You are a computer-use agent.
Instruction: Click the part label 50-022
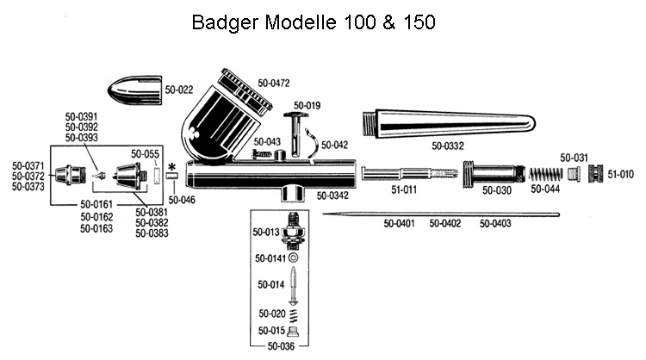click(179, 90)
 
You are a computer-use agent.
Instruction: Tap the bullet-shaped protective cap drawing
click(134, 90)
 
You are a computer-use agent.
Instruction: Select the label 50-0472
click(274, 84)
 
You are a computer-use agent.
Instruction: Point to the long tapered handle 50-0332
click(449, 123)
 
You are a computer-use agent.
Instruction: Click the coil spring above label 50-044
click(545, 174)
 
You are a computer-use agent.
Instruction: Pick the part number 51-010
click(620, 174)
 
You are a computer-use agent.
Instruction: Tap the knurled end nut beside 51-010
click(595, 173)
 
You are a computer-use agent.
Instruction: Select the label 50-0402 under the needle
click(445, 223)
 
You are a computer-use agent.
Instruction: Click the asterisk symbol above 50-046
click(171, 167)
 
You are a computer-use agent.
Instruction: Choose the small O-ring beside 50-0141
click(293, 258)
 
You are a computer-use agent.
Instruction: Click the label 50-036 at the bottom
click(281, 346)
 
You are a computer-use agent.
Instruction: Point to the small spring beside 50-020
click(294, 315)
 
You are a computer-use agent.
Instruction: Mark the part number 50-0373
click(28, 187)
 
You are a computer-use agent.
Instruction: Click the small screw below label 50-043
click(263, 154)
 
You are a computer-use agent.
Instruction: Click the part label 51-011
click(404, 189)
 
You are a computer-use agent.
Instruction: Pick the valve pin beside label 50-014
click(293, 285)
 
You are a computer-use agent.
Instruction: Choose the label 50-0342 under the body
click(332, 196)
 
